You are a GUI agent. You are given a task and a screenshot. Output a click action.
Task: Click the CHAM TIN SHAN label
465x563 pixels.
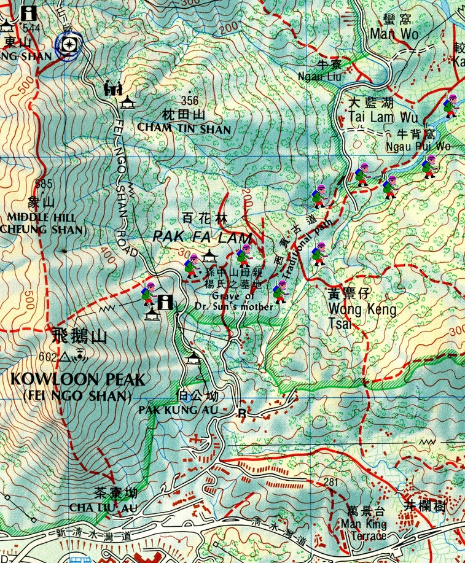point(184,129)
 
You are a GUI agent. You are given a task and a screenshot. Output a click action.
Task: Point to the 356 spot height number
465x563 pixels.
point(190,101)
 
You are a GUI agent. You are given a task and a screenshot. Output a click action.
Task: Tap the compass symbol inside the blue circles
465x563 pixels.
point(69,44)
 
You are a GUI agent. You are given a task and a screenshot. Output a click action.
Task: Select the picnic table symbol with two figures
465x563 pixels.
point(111,88)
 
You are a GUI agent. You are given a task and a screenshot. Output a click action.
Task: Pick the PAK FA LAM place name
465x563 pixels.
point(202,237)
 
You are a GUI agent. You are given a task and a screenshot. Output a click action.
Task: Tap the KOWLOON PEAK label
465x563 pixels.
point(77,380)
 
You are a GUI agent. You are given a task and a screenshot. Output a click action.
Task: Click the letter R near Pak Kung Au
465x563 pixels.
point(242,414)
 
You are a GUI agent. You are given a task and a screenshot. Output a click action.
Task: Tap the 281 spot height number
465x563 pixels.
point(331,483)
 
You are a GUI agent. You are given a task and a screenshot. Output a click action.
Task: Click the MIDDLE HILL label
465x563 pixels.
point(41,217)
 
